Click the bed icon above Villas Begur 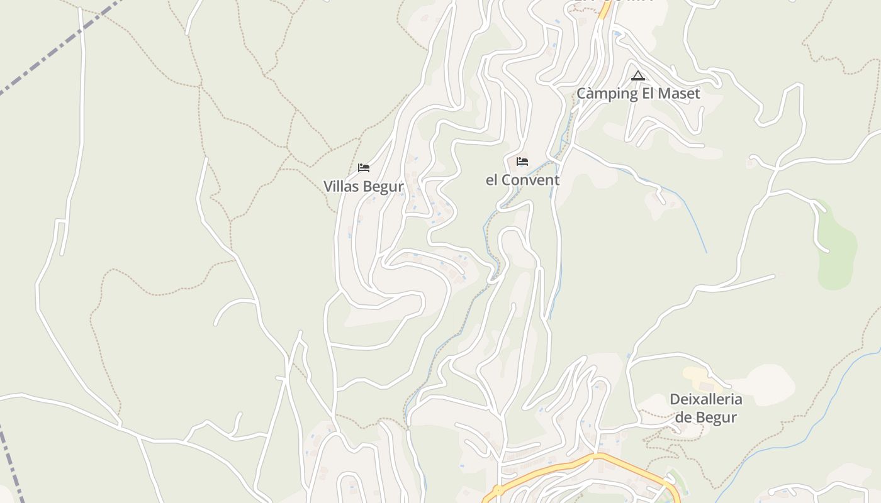363,168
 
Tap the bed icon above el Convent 522,162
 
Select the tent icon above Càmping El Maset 637,76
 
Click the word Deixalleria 705,399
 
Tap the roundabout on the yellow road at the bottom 498,489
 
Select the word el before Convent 492,180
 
